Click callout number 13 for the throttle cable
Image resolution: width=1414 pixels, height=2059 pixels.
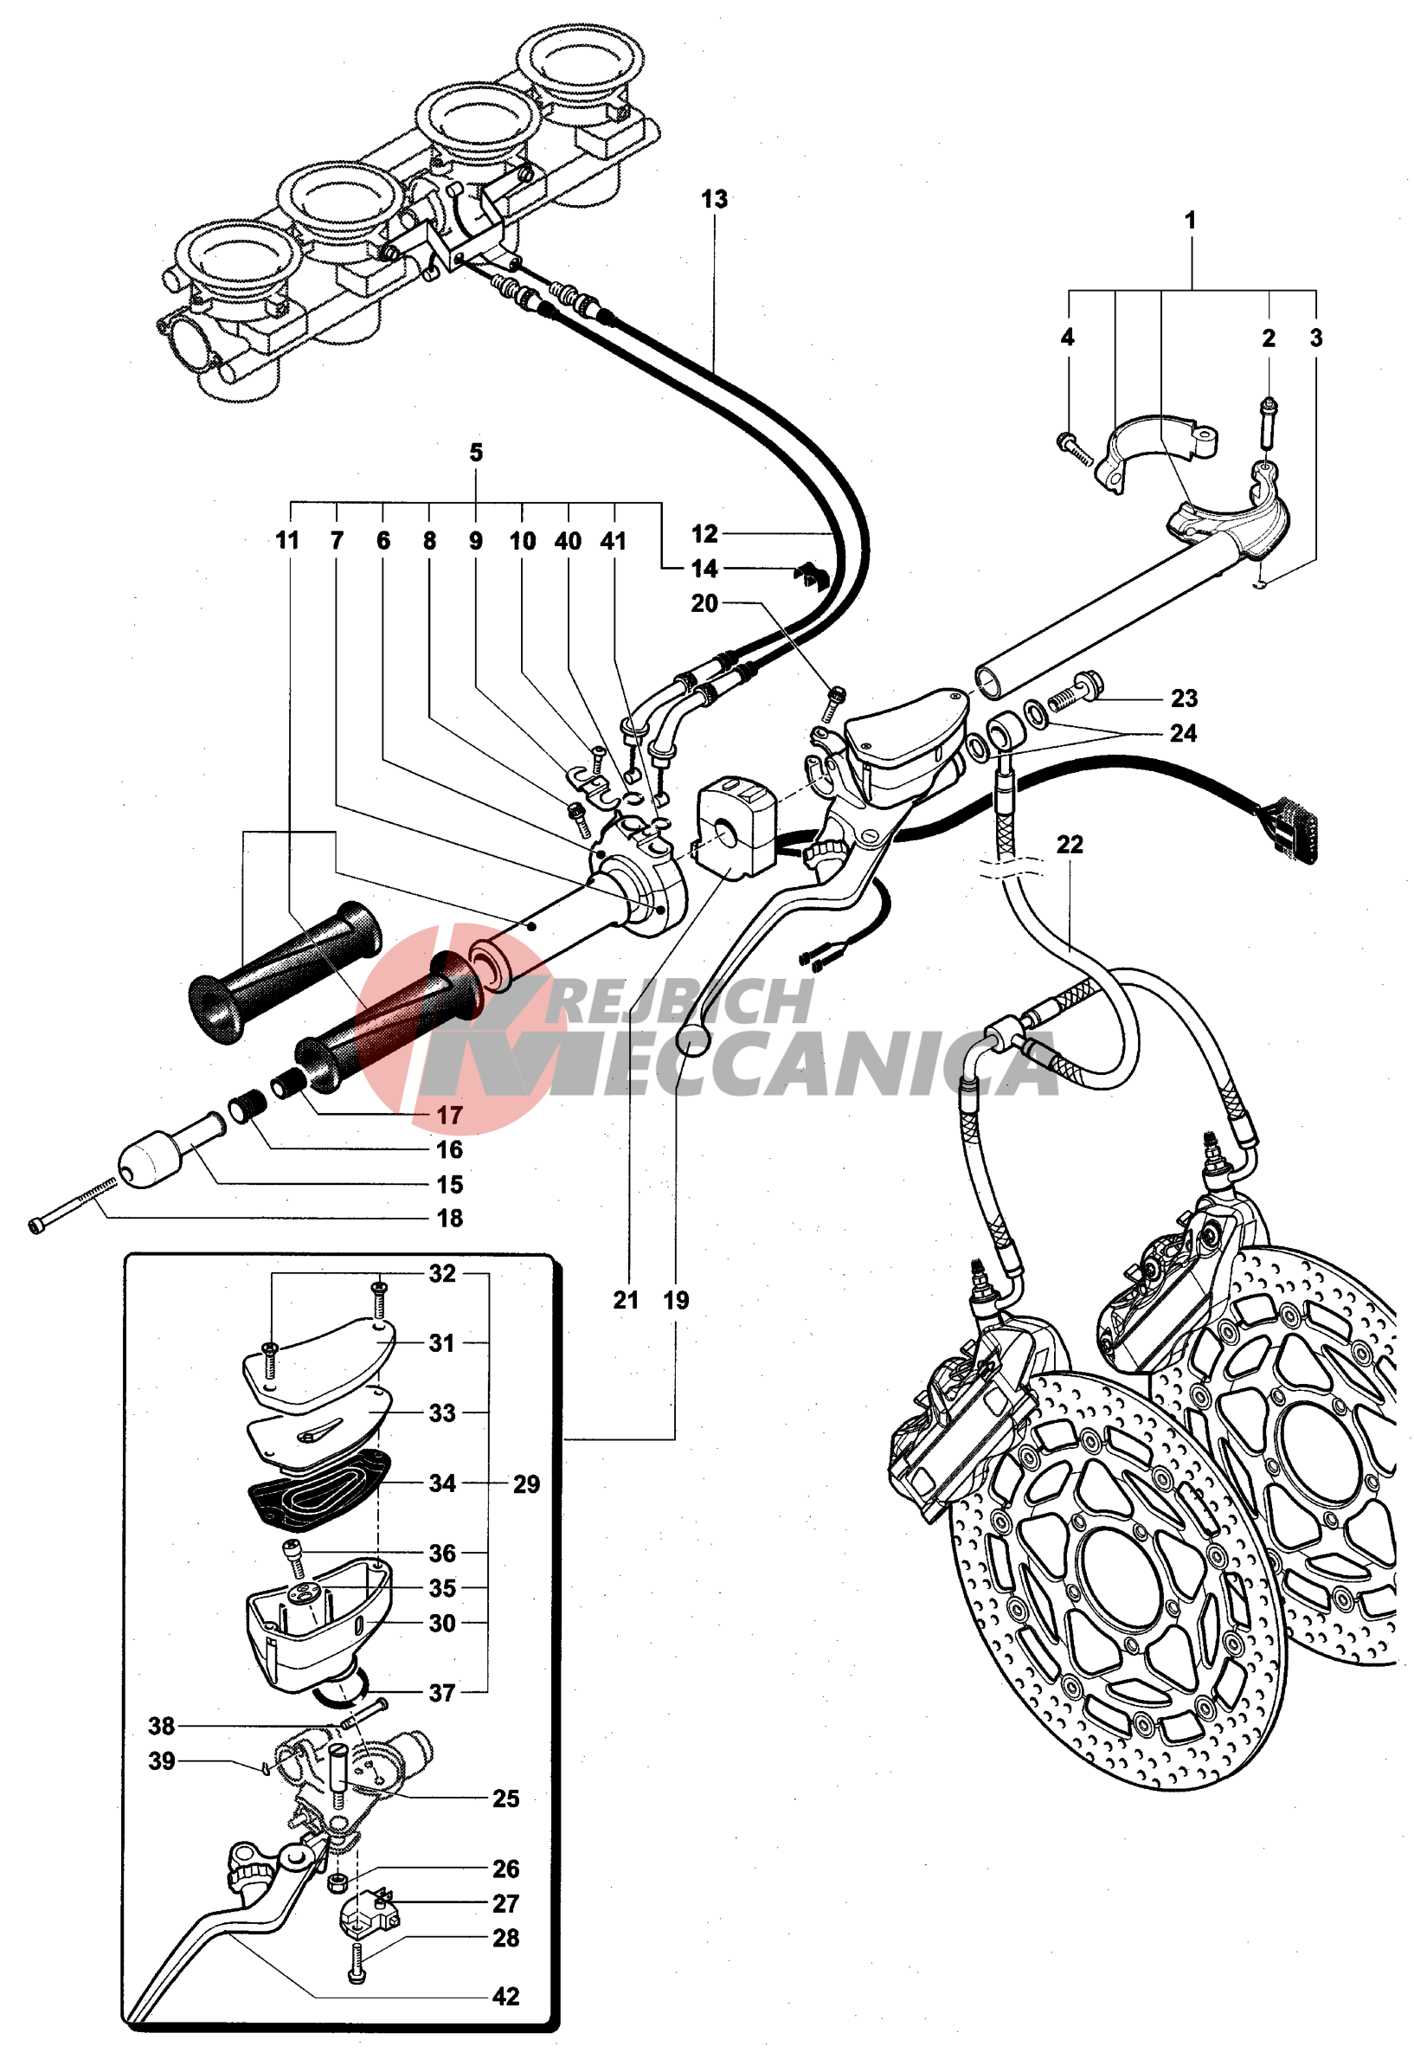714,199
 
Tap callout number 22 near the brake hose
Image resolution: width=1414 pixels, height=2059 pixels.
1070,845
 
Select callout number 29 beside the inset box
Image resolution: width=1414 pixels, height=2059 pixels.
526,1484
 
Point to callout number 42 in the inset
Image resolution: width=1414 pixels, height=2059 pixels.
506,1996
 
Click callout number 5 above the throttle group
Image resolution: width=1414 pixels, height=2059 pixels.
476,453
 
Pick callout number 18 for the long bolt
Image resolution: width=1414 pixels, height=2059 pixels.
450,1219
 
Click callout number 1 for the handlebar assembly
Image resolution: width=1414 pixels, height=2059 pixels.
1190,220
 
